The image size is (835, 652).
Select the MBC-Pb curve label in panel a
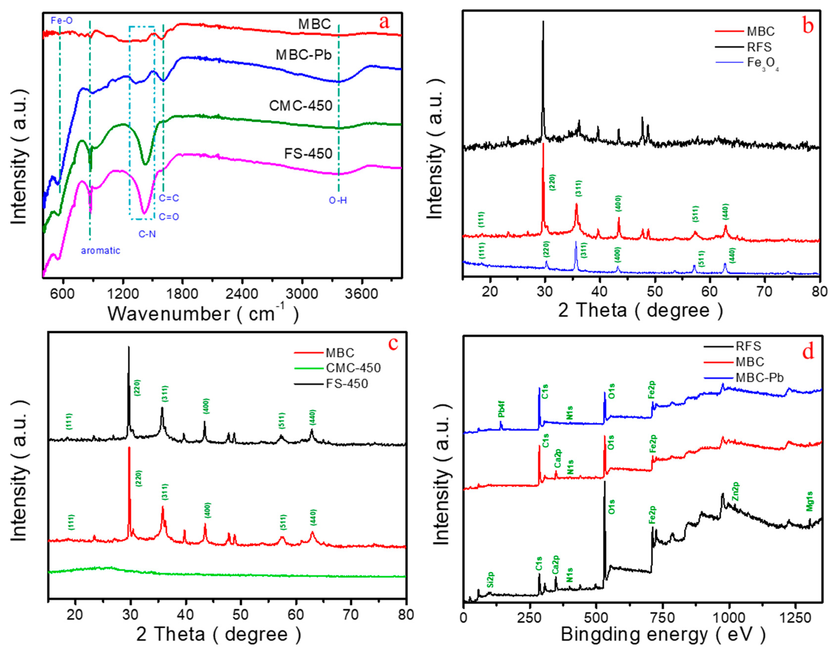[x=304, y=55]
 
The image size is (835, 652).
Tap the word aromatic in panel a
[x=101, y=251]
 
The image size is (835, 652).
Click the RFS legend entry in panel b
[x=759, y=47]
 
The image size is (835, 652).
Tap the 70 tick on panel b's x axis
[x=764, y=291]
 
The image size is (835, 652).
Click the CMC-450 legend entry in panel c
[x=353, y=368]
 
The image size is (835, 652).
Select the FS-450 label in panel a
[x=308, y=154]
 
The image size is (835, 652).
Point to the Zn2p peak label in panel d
[x=735, y=492]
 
